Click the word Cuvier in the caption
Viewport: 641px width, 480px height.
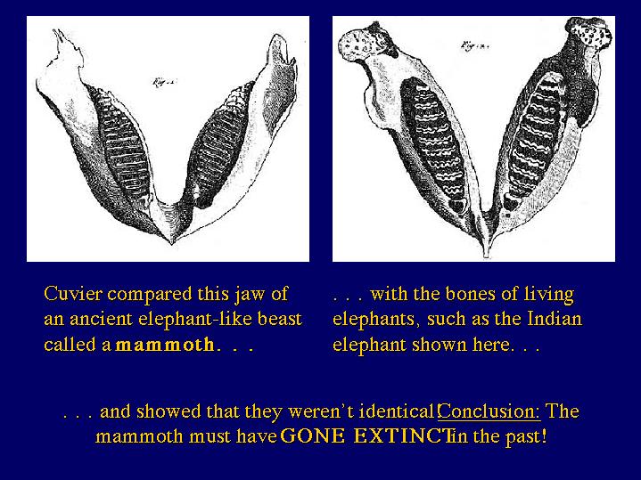pos(73,294)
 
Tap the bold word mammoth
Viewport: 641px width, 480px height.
pos(165,345)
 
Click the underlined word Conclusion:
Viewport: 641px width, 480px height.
pos(489,411)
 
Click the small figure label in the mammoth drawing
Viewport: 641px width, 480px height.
pos(164,83)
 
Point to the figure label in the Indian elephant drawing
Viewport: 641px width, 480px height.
pos(473,45)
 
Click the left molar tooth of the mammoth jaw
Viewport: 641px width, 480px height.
pos(122,143)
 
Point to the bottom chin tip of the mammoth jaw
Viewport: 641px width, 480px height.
pos(172,242)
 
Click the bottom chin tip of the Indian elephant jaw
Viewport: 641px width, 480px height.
pos(486,256)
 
